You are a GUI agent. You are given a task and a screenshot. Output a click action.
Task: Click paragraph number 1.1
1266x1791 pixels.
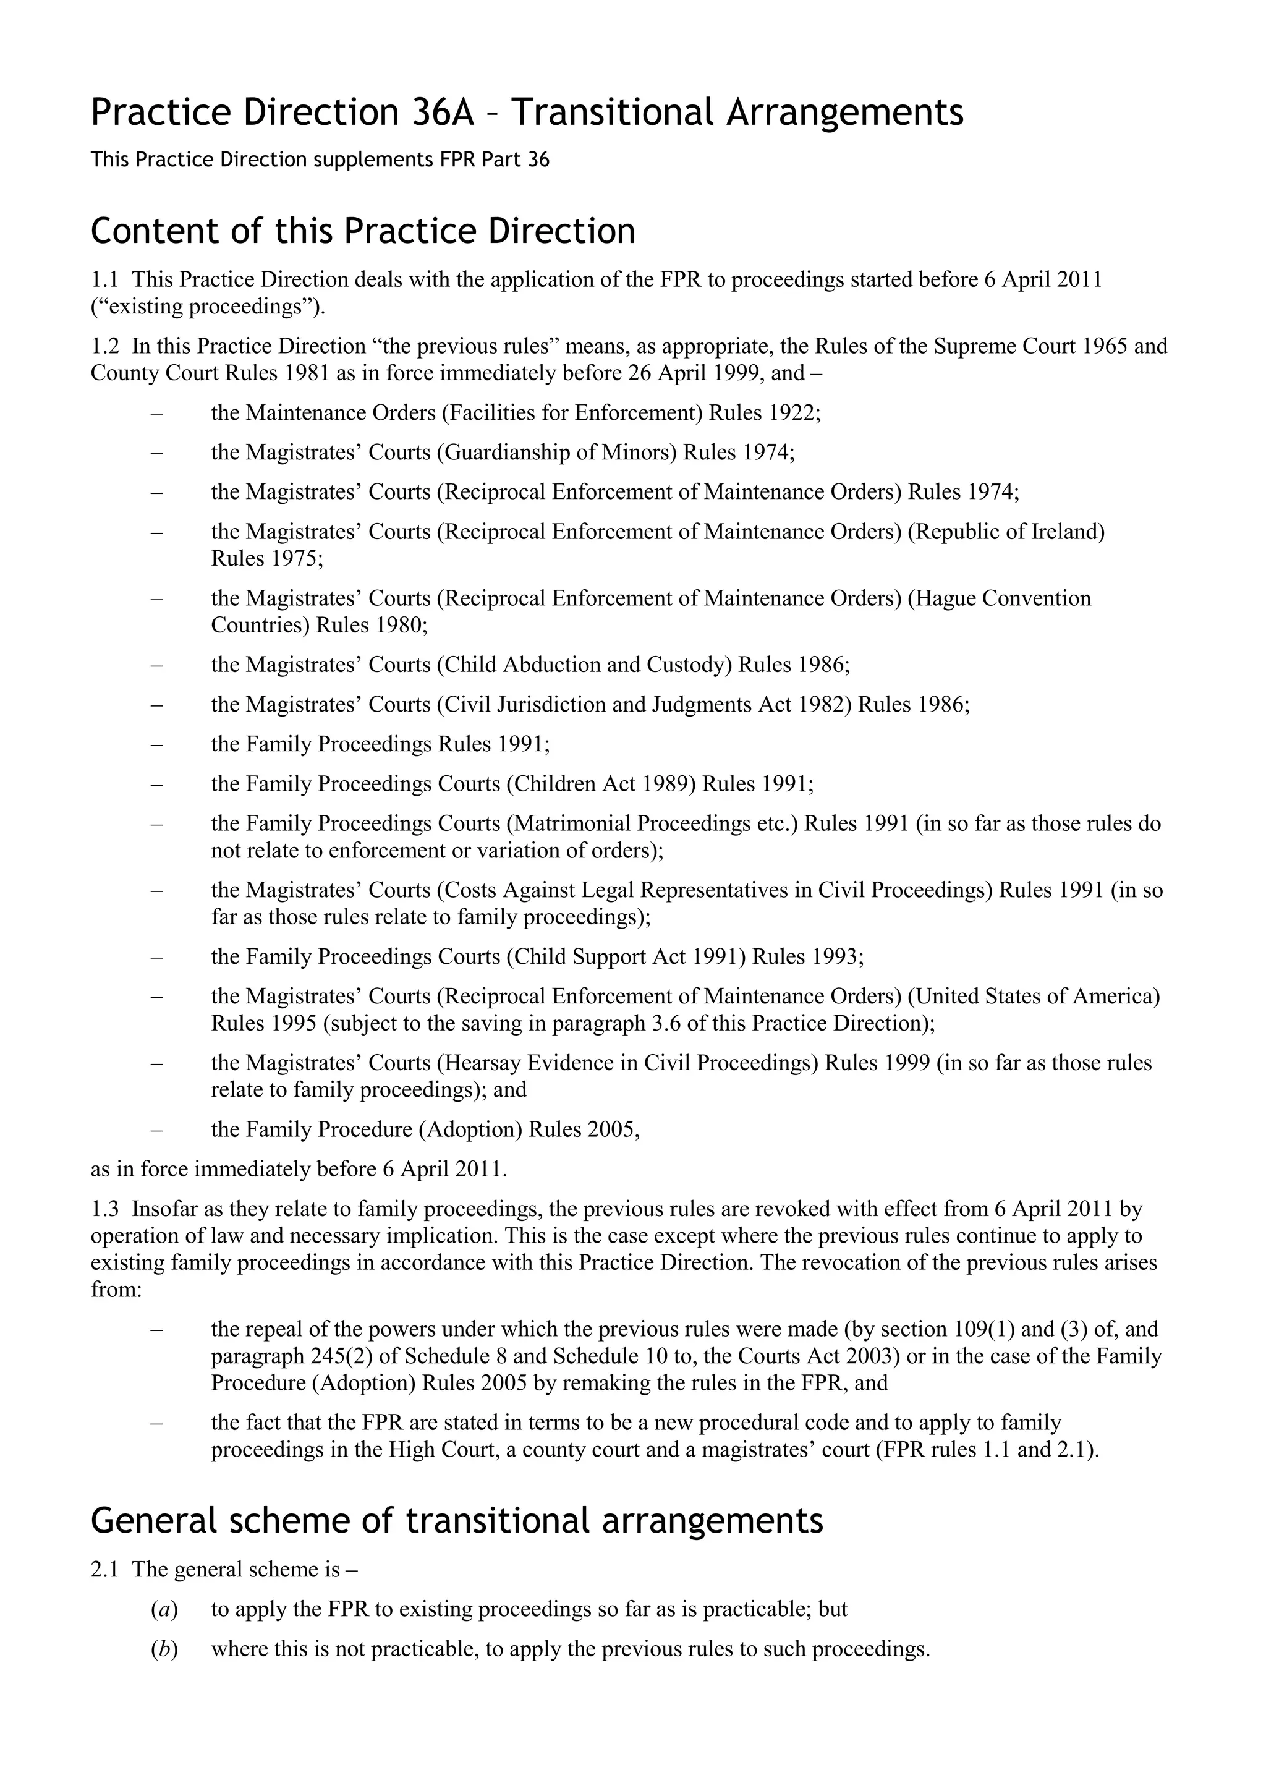[x=104, y=279]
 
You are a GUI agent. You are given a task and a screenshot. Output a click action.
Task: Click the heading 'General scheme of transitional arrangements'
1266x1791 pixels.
[x=456, y=1520]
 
